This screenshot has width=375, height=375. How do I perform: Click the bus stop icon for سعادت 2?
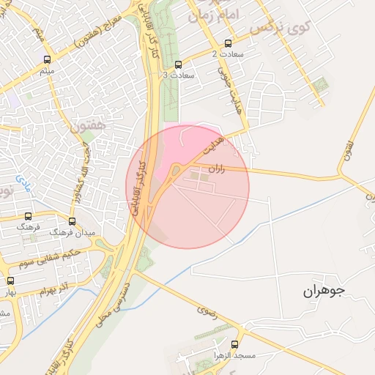(228, 43)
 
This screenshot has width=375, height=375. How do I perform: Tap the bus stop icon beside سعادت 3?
(179, 64)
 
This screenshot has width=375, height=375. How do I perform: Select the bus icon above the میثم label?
(48, 60)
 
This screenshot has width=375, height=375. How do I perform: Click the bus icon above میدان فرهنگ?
(72, 221)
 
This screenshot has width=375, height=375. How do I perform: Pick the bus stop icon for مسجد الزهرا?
(234, 344)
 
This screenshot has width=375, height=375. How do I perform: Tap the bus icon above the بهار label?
(10, 280)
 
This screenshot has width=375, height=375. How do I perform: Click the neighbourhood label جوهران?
(323, 291)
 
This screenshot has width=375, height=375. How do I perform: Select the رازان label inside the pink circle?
(217, 169)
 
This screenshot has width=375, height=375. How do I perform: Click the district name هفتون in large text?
(88, 126)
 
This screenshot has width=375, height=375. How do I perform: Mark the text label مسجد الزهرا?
(234, 355)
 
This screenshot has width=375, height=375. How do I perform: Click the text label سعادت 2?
(224, 54)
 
